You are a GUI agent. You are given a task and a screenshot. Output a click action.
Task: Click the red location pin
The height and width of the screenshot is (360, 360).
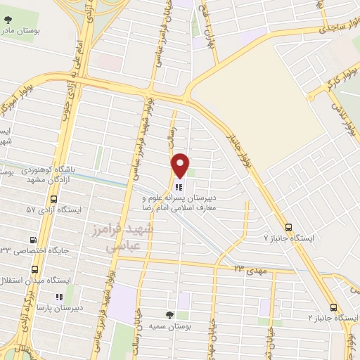click(180, 165)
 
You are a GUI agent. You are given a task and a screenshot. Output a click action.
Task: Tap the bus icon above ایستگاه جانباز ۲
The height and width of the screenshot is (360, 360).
click(333, 307)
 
